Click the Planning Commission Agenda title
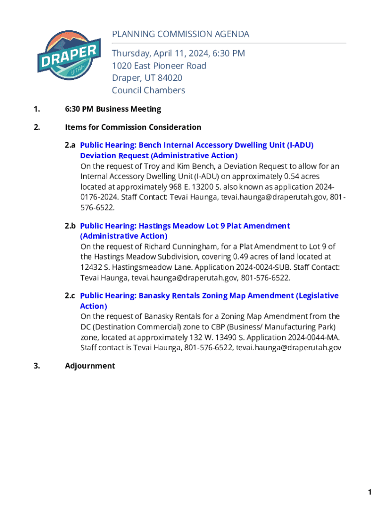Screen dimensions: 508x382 tap(181, 34)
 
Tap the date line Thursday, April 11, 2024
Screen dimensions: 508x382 tap(178, 54)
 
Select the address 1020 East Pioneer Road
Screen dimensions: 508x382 tap(159, 66)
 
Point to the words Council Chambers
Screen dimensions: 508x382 tap(148, 90)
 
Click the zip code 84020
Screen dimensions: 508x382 tap(170, 78)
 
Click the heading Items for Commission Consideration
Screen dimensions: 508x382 tap(133, 127)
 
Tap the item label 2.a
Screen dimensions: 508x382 tap(70, 145)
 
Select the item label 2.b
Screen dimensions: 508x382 tap(70, 226)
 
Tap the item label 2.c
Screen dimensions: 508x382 tap(70, 296)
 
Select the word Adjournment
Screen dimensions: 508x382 tap(90, 366)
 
